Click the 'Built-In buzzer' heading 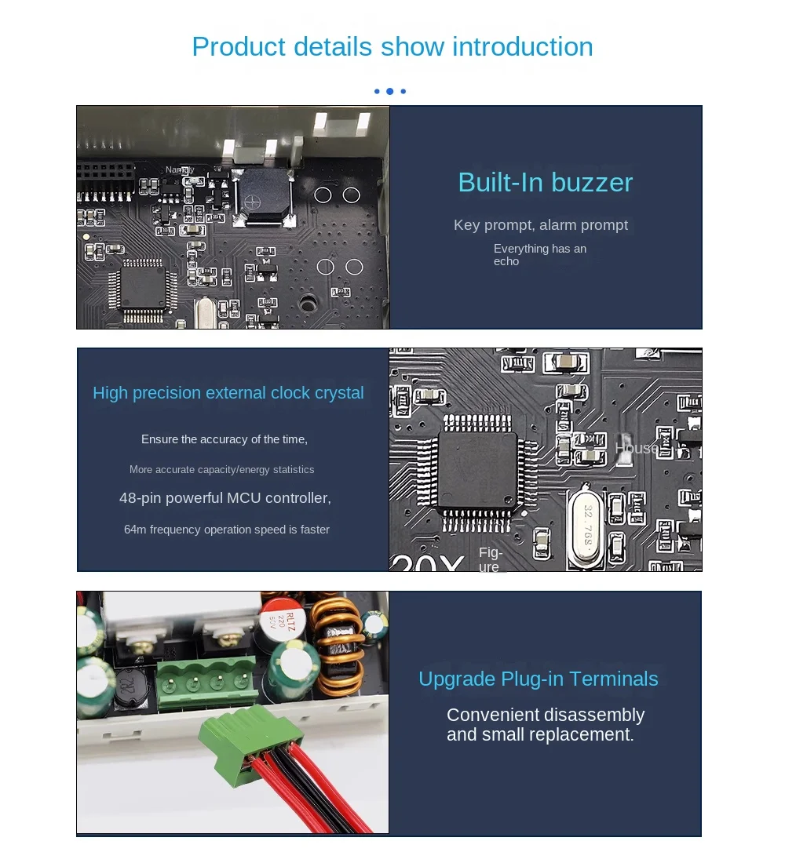pyautogui.click(x=546, y=183)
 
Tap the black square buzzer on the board pyautogui.click(x=263, y=195)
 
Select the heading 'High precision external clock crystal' pyautogui.click(x=228, y=393)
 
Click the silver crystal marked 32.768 pyautogui.click(x=587, y=527)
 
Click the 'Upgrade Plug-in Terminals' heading pyautogui.click(x=539, y=679)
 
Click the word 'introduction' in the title pyautogui.click(x=523, y=46)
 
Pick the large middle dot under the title pyautogui.click(x=390, y=91)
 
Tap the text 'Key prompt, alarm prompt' pyautogui.click(x=540, y=225)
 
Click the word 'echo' pyautogui.click(x=506, y=261)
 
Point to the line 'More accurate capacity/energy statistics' pyautogui.click(x=221, y=469)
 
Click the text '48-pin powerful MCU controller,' pyautogui.click(x=225, y=498)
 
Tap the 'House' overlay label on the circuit pyautogui.click(x=637, y=448)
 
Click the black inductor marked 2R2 pyautogui.click(x=130, y=689)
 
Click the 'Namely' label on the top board pyautogui.click(x=180, y=170)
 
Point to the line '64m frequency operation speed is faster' pyautogui.click(x=226, y=530)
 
